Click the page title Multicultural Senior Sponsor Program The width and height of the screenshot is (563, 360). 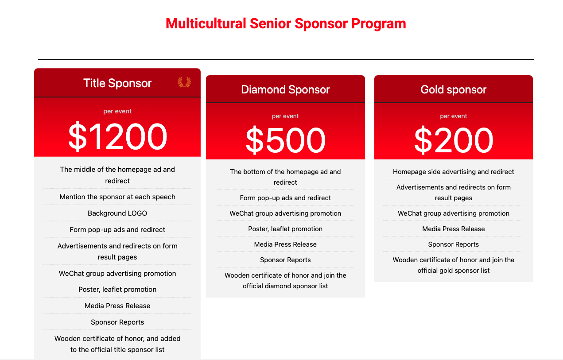[286, 23]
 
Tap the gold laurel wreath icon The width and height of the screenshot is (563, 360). [184, 82]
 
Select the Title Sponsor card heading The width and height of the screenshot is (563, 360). [117, 83]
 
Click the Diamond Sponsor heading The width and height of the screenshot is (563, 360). [285, 90]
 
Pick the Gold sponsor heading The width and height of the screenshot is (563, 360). [454, 90]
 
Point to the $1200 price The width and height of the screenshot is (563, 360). [117, 137]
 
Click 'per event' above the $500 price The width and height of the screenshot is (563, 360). [285, 116]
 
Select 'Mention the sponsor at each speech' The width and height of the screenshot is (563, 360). [117, 197]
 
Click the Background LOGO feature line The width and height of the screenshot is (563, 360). [117, 213]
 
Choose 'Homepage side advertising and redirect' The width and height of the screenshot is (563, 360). [454, 171]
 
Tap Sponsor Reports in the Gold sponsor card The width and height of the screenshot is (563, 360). [454, 244]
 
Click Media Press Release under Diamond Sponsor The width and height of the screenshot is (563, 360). [285, 244]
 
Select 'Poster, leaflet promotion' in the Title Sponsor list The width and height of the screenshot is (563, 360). [117, 290]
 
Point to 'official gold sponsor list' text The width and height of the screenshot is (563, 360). [454, 270]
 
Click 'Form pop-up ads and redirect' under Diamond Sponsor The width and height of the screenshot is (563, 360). [285, 197]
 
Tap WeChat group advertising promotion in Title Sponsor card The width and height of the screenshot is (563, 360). [117, 273]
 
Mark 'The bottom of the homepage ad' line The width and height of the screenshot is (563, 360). [285, 171]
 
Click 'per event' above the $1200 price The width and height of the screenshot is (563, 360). [117, 111]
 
